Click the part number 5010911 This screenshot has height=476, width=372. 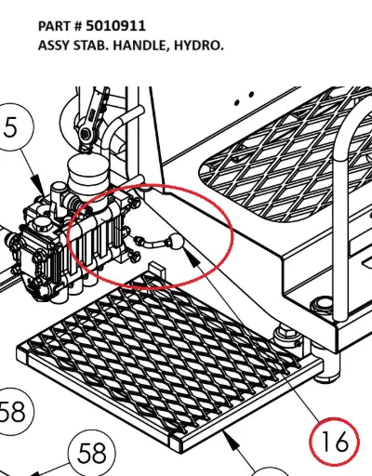(x=115, y=26)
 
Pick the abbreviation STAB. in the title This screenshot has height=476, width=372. (x=91, y=46)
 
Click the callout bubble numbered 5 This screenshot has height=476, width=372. (x=11, y=126)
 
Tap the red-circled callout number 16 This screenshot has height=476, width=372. (x=335, y=441)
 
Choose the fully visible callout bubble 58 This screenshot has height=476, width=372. (x=92, y=453)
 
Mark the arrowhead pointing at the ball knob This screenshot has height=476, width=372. (x=192, y=258)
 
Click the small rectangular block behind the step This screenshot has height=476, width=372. (x=157, y=271)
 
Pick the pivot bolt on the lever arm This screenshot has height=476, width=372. (x=86, y=134)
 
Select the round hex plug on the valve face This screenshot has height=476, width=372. (x=42, y=223)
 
